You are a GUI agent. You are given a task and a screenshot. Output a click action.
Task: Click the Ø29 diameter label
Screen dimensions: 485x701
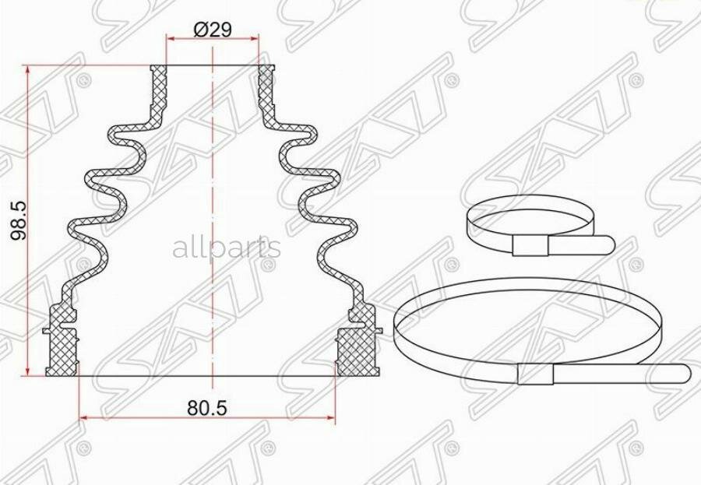pos(213,30)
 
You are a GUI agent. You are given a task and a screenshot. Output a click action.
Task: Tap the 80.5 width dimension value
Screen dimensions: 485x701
pos(208,407)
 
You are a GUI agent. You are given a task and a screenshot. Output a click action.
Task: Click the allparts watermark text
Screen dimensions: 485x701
pos(226,248)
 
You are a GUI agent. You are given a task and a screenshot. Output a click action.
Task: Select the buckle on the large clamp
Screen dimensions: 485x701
pos(534,376)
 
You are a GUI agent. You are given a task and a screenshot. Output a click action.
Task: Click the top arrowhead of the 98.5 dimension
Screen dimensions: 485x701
pos(29,70)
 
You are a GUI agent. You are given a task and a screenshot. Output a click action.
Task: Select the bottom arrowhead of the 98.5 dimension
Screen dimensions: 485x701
pos(29,370)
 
